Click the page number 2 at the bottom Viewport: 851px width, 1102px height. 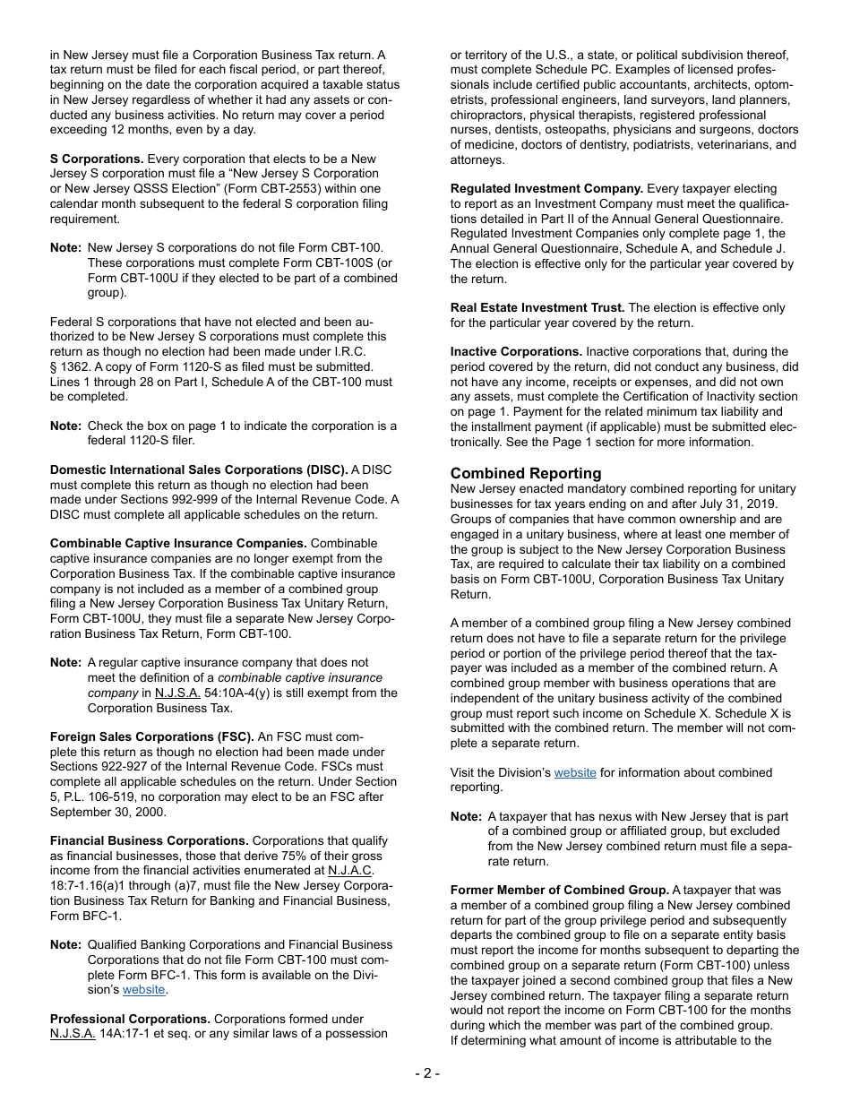(x=426, y=1073)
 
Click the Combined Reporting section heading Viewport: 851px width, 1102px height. (x=526, y=473)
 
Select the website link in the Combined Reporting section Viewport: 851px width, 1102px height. (x=575, y=772)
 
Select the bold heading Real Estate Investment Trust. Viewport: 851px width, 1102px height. (x=537, y=307)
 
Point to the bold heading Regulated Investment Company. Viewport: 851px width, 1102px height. (x=546, y=188)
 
